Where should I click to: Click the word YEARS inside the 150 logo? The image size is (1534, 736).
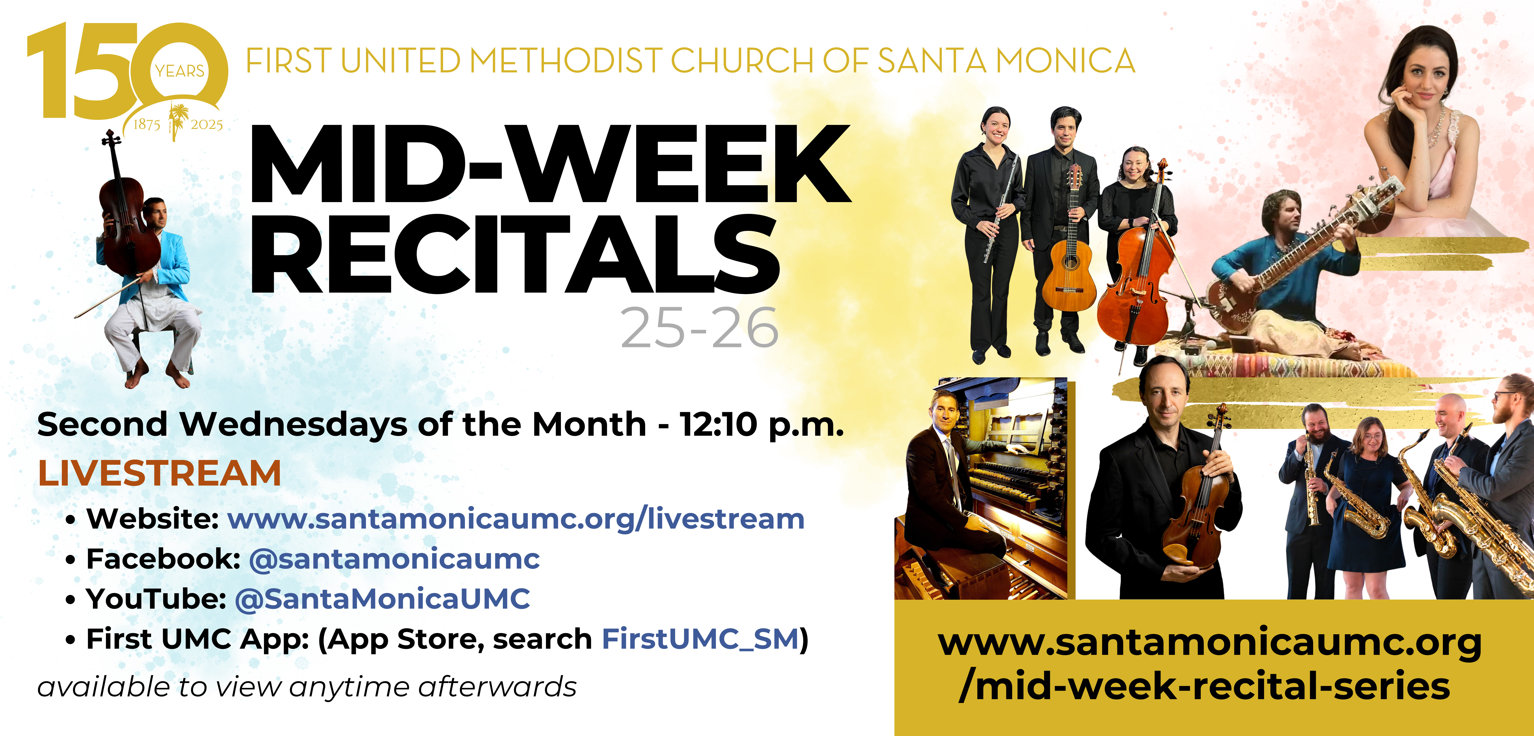(x=180, y=71)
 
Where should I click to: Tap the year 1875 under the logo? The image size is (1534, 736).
(x=147, y=124)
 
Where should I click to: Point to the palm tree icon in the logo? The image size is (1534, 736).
(x=177, y=121)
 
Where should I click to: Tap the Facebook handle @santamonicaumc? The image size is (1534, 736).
(x=394, y=559)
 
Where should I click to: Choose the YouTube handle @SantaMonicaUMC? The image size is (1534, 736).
(x=382, y=599)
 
